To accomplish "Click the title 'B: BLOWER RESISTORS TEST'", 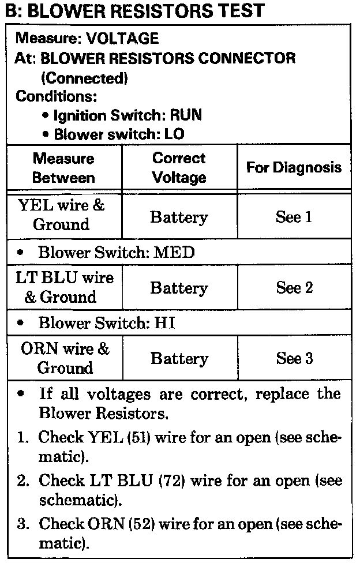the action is click(134, 10).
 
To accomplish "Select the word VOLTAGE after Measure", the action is click(122, 39).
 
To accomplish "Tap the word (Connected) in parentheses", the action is click(84, 77).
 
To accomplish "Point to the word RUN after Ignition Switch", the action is click(185, 115).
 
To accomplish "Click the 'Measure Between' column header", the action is click(63, 168).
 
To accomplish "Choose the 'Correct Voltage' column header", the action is click(179, 168).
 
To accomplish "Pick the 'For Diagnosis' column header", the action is click(294, 168).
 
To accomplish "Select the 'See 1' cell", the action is click(294, 217).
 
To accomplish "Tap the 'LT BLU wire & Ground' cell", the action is click(64, 287).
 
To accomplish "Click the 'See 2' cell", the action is click(294, 288).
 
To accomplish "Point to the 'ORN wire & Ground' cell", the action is click(65, 358).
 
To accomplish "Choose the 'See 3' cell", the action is click(294, 359).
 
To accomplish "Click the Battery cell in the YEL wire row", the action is click(179, 217).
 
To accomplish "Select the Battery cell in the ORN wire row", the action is click(179, 359).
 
